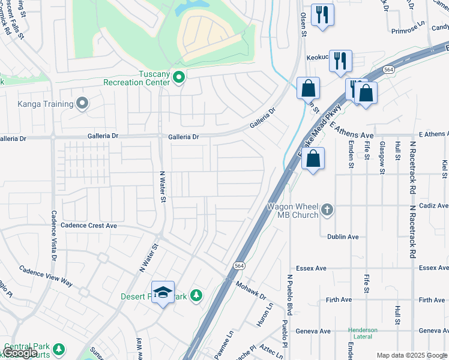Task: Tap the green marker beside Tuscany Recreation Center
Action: pos(178,77)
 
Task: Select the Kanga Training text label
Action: pos(46,104)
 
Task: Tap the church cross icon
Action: pos(327,209)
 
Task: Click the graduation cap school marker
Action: pos(163,292)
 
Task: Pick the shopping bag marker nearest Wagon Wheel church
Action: pos(313,160)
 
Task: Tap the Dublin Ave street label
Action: pos(343,236)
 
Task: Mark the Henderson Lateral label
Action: pos(364,334)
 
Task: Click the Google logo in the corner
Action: pos(20,353)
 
